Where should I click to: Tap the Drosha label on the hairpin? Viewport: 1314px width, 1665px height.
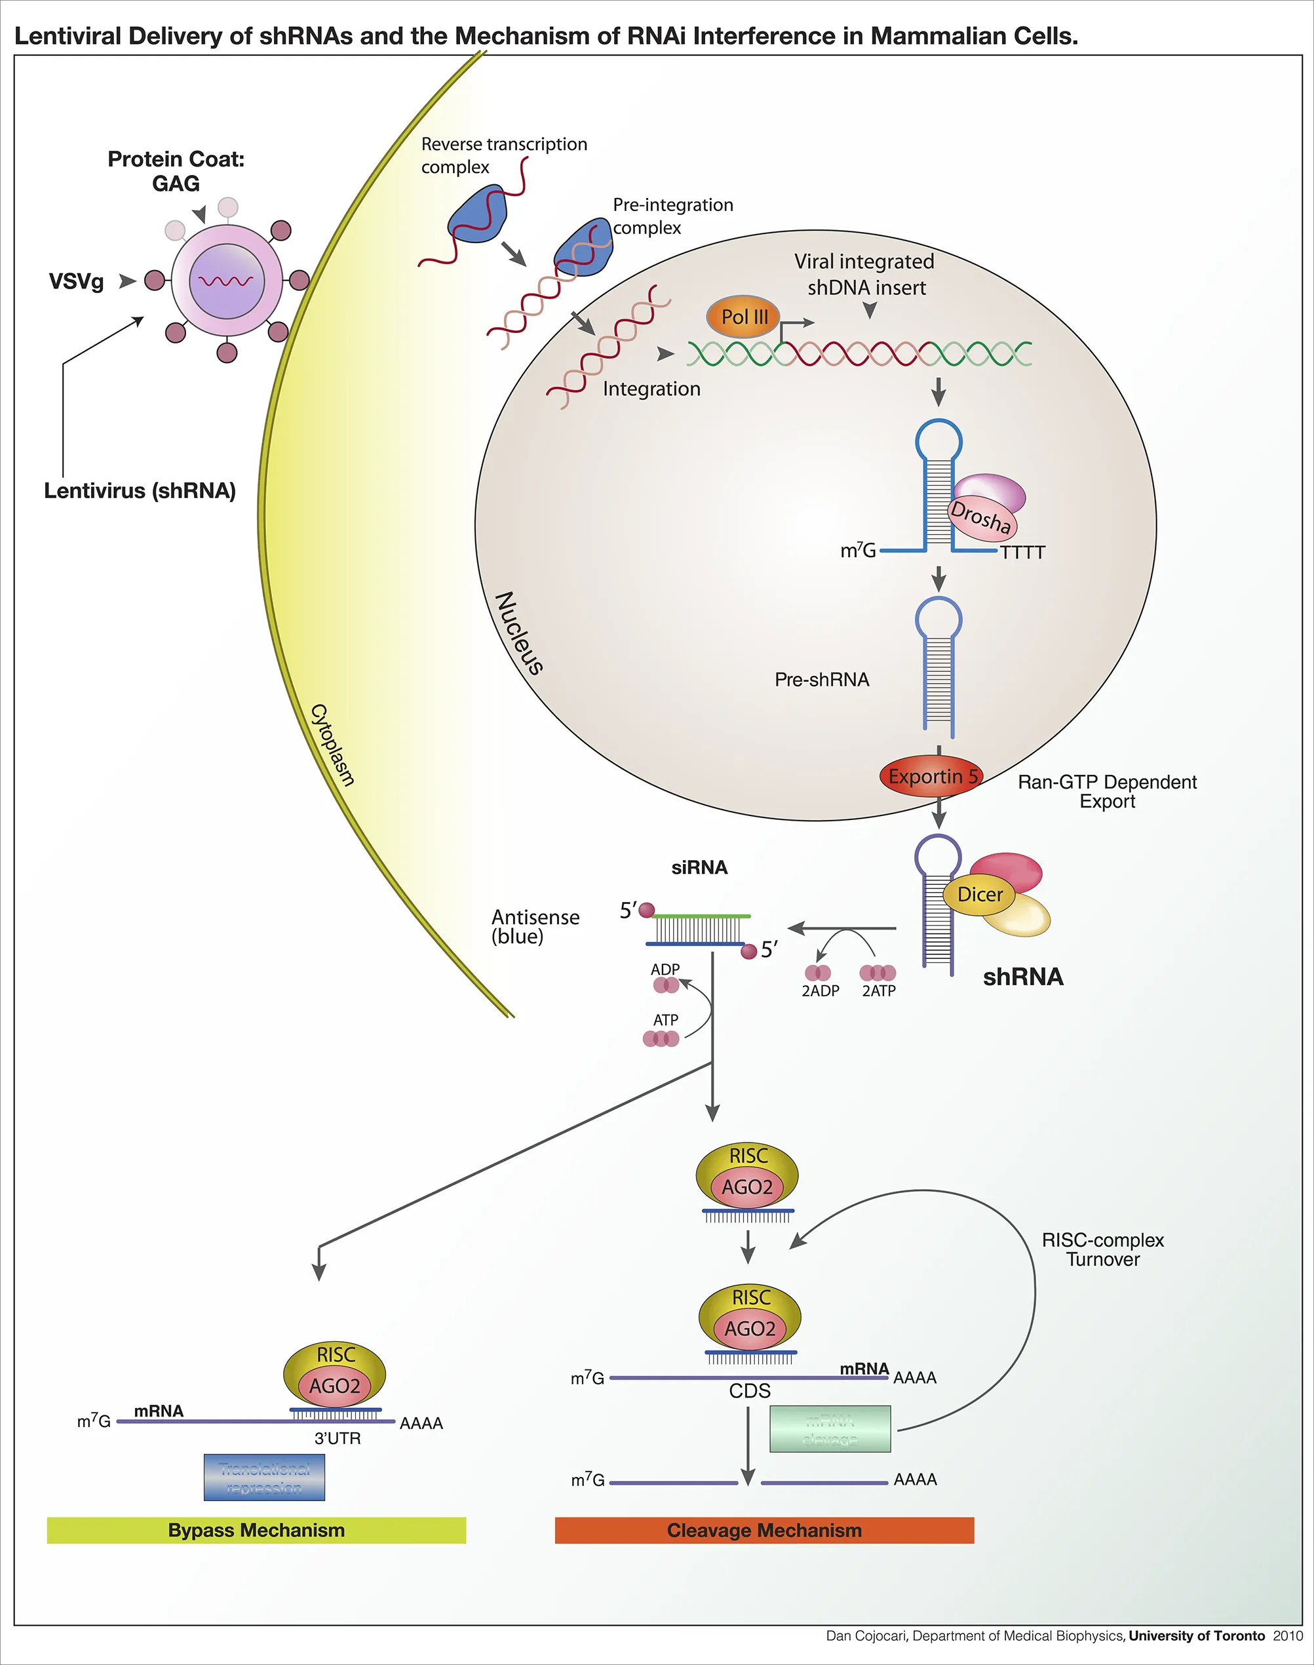pyautogui.click(x=981, y=517)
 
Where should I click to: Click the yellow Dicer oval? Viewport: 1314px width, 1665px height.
pyautogui.click(x=979, y=894)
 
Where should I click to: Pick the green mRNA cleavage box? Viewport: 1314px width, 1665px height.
pyautogui.click(x=830, y=1429)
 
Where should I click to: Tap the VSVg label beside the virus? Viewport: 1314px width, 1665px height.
pyautogui.click(x=76, y=282)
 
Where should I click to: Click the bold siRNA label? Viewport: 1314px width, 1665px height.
pyautogui.click(x=699, y=868)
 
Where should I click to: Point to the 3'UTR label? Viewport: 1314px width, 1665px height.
pyautogui.click(x=337, y=1438)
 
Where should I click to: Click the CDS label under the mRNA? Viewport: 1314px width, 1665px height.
pyautogui.click(x=749, y=1391)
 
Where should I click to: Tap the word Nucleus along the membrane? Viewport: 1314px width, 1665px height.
pyautogui.click(x=519, y=633)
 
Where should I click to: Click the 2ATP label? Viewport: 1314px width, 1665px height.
pyautogui.click(x=879, y=991)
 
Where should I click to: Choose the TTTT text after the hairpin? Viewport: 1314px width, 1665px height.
pyautogui.click(x=1022, y=553)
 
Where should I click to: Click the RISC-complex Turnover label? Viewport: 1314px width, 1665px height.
pyautogui.click(x=1102, y=1249)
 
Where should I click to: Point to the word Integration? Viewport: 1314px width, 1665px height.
pyautogui.click(x=651, y=389)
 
